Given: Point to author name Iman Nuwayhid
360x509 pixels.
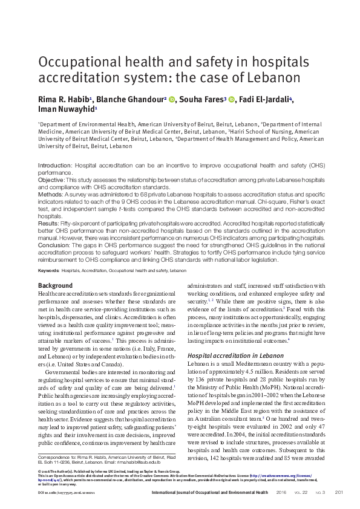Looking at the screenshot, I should (x=65, y=110).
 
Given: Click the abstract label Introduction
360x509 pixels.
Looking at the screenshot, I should (x=54, y=165).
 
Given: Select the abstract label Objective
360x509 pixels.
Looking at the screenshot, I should (x=51, y=180).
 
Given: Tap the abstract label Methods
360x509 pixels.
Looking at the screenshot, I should (x=50, y=195).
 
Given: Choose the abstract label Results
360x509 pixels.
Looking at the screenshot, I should (x=49, y=224).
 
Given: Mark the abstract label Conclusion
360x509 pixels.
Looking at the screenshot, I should (x=54, y=245).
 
